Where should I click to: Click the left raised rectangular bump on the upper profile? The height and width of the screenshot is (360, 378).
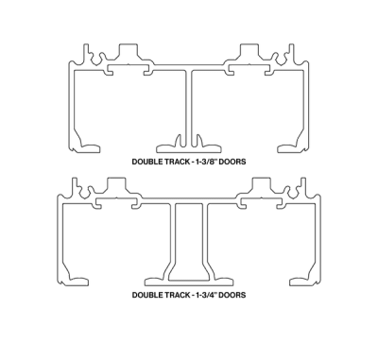pyautogui.click(x=129, y=51)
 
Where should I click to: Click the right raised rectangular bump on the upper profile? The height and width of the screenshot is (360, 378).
pyautogui.click(x=249, y=51)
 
